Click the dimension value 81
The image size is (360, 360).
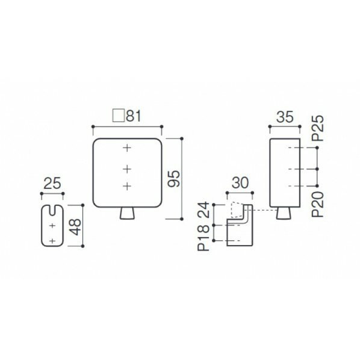tap(134, 116)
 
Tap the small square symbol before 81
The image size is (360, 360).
tap(119, 116)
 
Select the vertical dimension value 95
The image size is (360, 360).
tap(174, 179)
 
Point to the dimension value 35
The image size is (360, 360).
tap(285, 117)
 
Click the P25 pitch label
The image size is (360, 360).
tap(318, 128)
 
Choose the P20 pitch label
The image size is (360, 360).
tap(318, 204)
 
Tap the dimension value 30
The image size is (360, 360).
tap(240, 183)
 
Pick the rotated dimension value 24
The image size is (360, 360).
tap(203, 209)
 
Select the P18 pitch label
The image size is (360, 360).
tap(203, 238)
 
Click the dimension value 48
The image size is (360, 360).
tap(75, 227)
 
